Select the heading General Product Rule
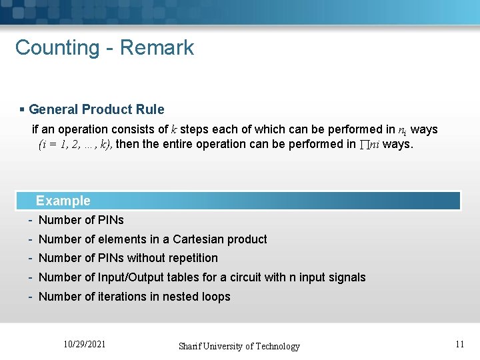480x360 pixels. click(x=97, y=109)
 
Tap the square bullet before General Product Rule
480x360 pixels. click(x=22, y=109)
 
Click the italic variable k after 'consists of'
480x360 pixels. click(x=173, y=129)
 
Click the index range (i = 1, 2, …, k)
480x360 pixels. click(x=75, y=143)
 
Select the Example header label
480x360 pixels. click(x=63, y=201)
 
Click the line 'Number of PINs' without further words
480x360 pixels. click(x=81, y=220)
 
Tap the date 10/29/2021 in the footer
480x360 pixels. click(x=85, y=345)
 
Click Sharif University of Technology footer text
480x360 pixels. click(x=239, y=346)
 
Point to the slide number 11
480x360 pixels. click(x=459, y=344)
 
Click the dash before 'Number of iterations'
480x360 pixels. click(x=31, y=297)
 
